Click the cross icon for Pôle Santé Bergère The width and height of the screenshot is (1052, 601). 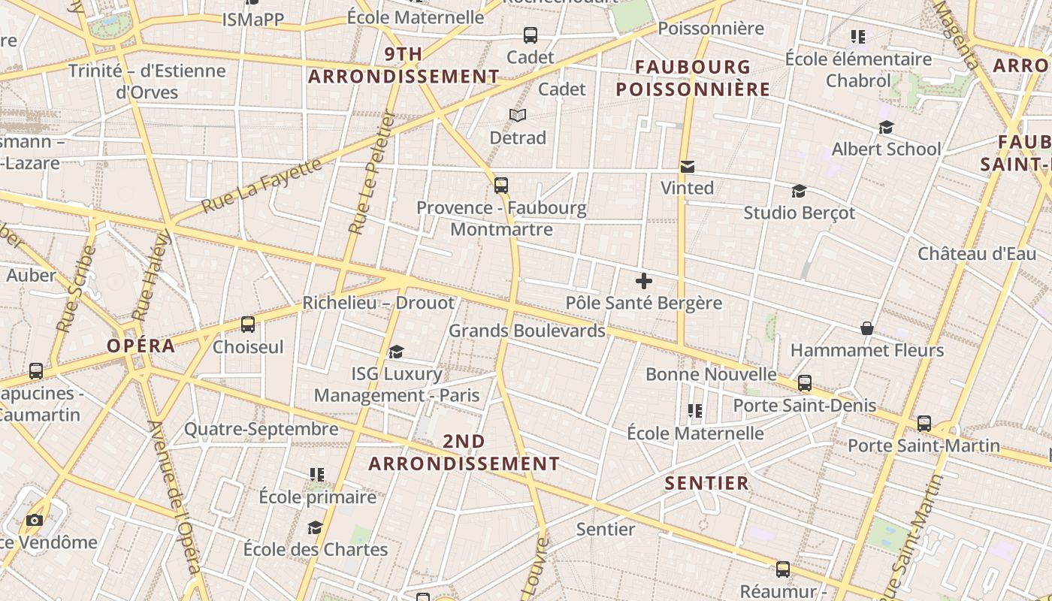pyautogui.click(x=643, y=281)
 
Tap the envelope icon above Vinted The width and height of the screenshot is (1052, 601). pyautogui.click(x=687, y=167)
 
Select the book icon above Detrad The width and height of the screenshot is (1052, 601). pyautogui.click(x=517, y=115)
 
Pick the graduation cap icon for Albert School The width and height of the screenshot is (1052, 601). pyautogui.click(x=886, y=128)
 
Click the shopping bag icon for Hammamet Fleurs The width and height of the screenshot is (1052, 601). pyautogui.click(x=866, y=328)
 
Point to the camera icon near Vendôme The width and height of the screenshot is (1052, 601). pyautogui.click(x=34, y=520)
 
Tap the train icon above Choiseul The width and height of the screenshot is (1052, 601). pyautogui.click(x=247, y=325)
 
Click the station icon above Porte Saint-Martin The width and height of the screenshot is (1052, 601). pyautogui.click(x=924, y=424)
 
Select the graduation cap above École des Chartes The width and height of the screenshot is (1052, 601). pyautogui.click(x=315, y=527)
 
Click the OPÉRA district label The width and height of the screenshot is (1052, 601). pyautogui.click(x=141, y=346)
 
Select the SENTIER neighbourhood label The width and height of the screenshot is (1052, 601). pyautogui.click(x=706, y=483)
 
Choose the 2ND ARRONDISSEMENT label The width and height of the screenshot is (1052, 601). pyautogui.click(x=464, y=452)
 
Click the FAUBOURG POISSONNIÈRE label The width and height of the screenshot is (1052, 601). pyautogui.click(x=693, y=78)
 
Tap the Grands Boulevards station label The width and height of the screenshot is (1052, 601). pyautogui.click(x=527, y=331)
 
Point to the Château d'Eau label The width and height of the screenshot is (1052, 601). pyautogui.click(x=976, y=254)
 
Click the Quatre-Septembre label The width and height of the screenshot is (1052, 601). pyautogui.click(x=261, y=429)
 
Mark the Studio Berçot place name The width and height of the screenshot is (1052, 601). pyautogui.click(x=799, y=213)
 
